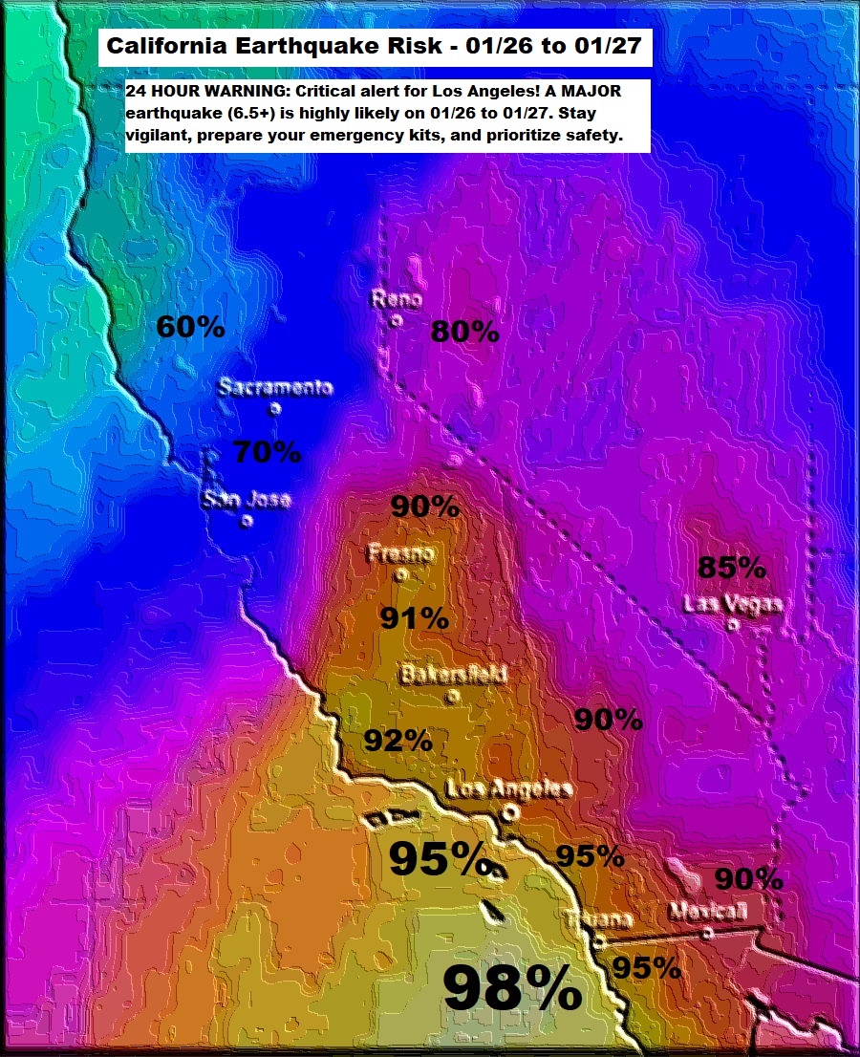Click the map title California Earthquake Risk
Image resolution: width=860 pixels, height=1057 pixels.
[376, 46]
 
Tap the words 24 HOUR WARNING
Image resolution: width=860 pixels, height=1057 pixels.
[191, 90]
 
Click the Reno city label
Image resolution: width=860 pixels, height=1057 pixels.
[397, 300]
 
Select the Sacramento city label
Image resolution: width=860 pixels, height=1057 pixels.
[275, 387]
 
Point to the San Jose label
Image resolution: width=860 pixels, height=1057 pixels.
[246, 499]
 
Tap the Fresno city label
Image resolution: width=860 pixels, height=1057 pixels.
[401, 554]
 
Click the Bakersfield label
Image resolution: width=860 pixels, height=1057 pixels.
[453, 674]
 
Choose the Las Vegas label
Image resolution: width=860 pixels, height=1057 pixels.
[733, 604]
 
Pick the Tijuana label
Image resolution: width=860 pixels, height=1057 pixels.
[598, 919]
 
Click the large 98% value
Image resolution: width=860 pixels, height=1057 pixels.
[512, 989]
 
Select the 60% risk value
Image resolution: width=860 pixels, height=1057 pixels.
[190, 327]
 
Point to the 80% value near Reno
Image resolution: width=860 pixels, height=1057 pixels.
[464, 332]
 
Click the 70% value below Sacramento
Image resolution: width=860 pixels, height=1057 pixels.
[267, 451]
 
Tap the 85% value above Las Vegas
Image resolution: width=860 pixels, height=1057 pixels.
[731, 568]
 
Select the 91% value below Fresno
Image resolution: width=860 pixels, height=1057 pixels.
[414, 619]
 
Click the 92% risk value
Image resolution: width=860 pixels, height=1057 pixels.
[398, 740]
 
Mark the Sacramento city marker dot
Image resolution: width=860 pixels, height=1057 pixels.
[274, 409]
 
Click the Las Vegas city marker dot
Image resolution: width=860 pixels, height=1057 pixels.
[732, 625]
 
